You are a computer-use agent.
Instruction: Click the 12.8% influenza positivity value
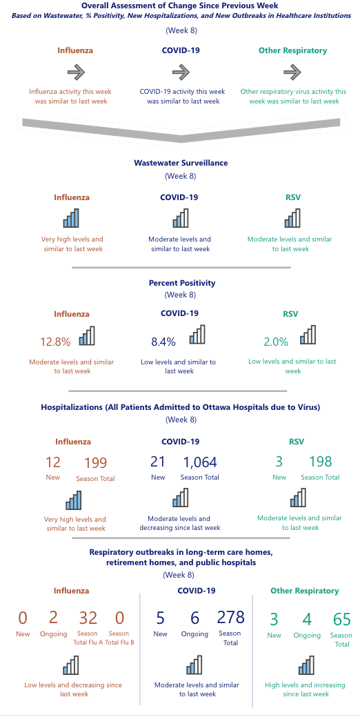coord(55,341)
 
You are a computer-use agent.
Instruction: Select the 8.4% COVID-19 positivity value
coord(163,341)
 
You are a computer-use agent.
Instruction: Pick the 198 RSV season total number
coord(321,462)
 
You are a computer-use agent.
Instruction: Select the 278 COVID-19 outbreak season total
coord(230,617)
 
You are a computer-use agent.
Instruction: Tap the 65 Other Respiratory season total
coord(341,618)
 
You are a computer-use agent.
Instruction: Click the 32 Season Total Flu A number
coord(88,618)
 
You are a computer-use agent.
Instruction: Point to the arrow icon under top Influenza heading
coord(76,72)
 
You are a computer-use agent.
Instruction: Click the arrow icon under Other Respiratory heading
coord(292,72)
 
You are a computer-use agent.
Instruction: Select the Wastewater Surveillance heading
coord(181,163)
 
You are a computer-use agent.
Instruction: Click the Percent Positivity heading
coord(181,282)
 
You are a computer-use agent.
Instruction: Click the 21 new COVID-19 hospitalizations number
coord(157,462)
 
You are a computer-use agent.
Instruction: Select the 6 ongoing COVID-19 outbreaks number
coord(194,618)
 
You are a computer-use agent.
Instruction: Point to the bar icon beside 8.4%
coord(197,335)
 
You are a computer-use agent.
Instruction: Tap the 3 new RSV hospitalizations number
coord(279,462)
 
